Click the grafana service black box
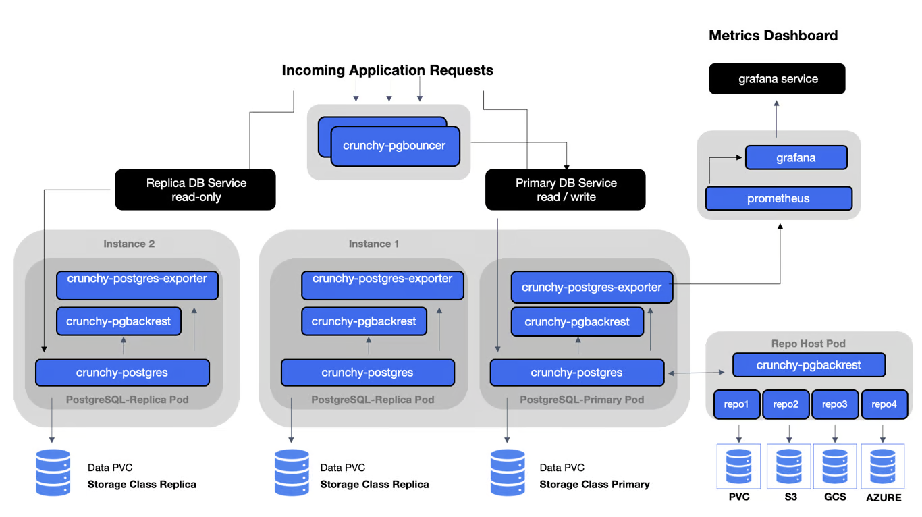[x=777, y=79]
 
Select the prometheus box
[x=778, y=199]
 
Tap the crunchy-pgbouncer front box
[x=395, y=146]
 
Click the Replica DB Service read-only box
[x=196, y=190]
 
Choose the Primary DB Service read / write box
[x=566, y=190]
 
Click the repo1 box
[x=737, y=404]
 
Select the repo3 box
[x=835, y=404]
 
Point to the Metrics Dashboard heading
[x=773, y=36]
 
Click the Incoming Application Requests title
[x=387, y=70]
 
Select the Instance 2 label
[x=129, y=244]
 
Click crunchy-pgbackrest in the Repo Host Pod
[x=809, y=365]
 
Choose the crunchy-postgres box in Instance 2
[x=122, y=373]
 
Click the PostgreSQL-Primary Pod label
[x=582, y=400]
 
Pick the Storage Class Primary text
[x=594, y=484]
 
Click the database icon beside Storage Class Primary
[x=507, y=472]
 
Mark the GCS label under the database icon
[x=835, y=497]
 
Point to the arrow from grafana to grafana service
[x=777, y=120]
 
